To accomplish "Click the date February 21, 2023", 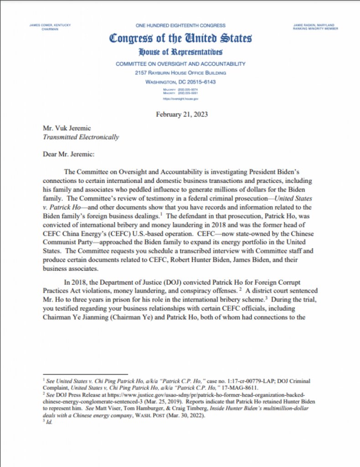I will point(181,114).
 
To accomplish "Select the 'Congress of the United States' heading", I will point(180,38).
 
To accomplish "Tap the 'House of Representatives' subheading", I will point(180,52).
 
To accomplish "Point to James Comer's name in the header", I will point(50,25).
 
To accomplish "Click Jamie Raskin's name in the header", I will point(314,25).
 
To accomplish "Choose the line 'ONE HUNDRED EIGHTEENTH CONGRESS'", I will point(180,26).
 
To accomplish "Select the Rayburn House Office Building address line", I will point(180,73).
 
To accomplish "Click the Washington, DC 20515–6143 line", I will point(180,82).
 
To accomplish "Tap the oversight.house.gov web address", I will point(180,99).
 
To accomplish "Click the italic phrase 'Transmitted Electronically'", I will point(81,137).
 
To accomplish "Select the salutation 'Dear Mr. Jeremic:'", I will point(68,155).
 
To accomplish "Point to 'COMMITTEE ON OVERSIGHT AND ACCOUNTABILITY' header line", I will point(180,64).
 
